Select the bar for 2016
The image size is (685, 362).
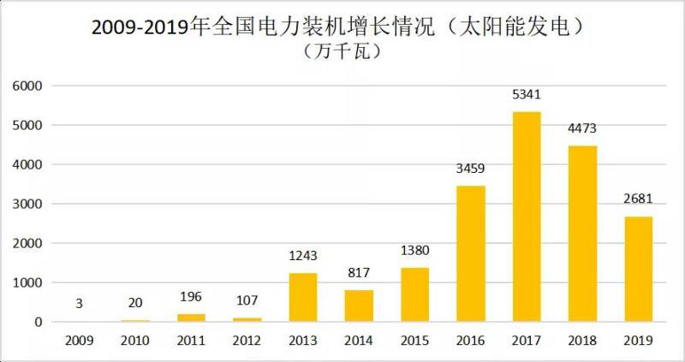[470, 253]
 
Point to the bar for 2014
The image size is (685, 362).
[359, 306]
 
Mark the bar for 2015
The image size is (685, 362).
[414, 294]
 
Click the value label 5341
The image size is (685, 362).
[527, 94]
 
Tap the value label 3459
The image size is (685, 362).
[470, 169]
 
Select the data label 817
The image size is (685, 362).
[359, 273]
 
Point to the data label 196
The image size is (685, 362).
[190, 297]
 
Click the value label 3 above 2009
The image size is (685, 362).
[78, 305]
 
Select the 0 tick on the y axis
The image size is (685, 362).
[38, 322]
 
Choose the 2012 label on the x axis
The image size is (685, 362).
[247, 340]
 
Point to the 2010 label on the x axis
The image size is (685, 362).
[134, 340]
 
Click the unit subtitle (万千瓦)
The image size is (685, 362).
[342, 51]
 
